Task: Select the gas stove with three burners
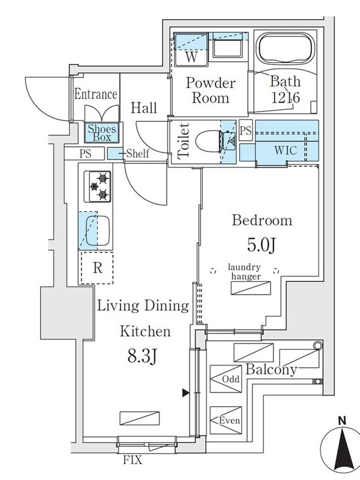(98, 187)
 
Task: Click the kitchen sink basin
(97, 231)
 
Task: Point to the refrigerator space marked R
(97, 268)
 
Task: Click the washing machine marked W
(191, 49)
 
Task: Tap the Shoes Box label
(101, 133)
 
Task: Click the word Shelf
(138, 153)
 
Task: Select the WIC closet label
(286, 151)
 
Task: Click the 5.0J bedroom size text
(262, 245)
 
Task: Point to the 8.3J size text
(142, 356)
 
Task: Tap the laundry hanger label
(244, 272)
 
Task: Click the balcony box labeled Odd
(226, 379)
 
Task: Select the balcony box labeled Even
(226, 420)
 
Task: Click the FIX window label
(133, 460)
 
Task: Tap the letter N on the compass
(342, 421)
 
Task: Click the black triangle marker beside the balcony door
(185, 393)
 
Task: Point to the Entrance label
(95, 94)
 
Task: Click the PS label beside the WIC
(245, 131)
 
